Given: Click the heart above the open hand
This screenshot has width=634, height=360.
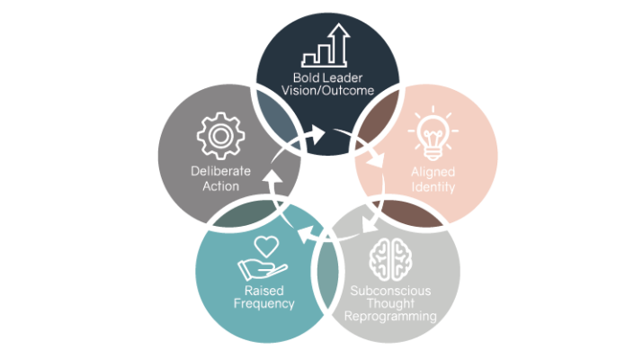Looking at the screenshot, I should click(x=264, y=245).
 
